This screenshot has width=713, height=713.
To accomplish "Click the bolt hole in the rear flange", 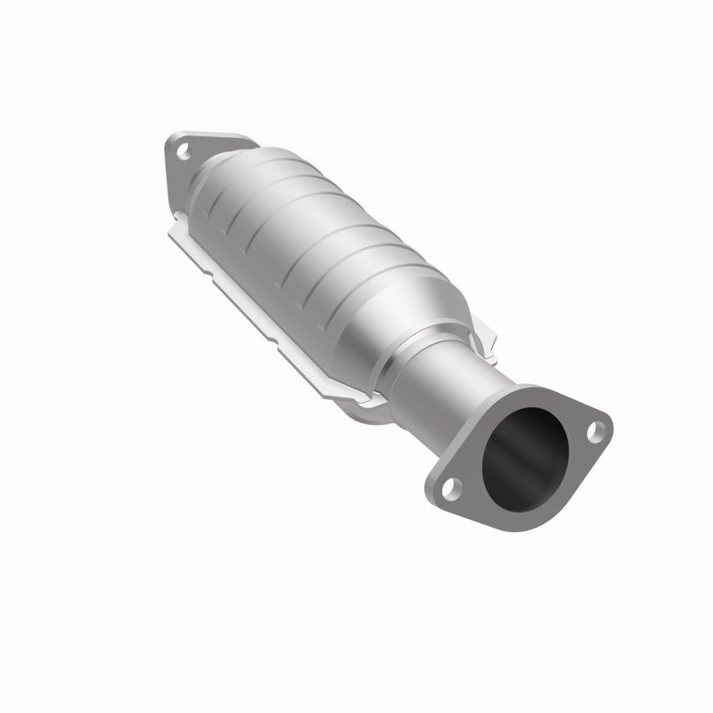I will [184, 152].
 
